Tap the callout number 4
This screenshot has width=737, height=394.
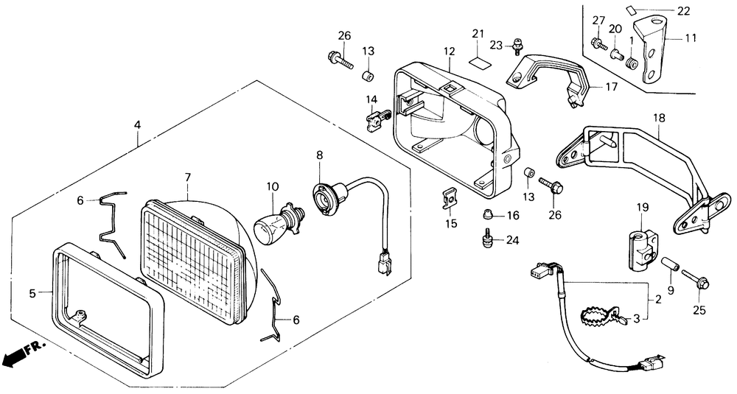coord(137,126)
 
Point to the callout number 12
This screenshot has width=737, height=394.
coord(450,52)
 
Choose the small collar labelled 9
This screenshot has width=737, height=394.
coord(670,264)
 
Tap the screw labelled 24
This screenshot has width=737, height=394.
coord(486,240)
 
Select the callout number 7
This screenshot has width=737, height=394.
coord(187,177)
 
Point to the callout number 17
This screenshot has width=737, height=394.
coord(612,87)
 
